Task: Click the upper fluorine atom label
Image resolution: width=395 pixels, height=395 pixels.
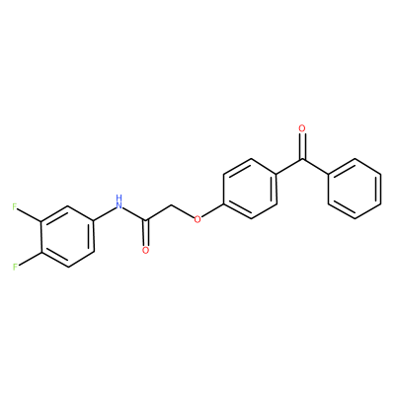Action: click(15, 207)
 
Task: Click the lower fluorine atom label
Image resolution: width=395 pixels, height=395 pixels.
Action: click(15, 267)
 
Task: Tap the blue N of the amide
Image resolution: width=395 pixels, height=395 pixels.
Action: click(119, 206)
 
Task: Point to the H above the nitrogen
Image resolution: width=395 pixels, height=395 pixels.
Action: click(119, 198)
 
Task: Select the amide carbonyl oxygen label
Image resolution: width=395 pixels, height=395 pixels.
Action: click(145, 251)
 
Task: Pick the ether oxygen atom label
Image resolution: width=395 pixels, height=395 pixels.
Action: click(197, 219)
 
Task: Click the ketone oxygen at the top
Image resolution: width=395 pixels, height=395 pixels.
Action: click(302, 128)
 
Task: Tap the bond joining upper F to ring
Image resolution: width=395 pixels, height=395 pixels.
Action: click(30, 215)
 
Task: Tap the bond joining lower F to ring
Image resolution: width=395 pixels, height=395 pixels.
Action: click(30, 259)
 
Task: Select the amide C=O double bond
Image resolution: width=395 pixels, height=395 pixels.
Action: click(145, 232)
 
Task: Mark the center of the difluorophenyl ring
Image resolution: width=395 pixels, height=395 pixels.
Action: click(68, 237)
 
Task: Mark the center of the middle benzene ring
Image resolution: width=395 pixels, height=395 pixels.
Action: click(250, 189)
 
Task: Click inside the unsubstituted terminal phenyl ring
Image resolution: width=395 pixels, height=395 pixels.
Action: click(355, 189)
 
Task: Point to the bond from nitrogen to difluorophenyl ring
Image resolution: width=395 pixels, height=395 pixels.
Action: click(104, 214)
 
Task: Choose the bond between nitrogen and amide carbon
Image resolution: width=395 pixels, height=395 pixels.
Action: click(134, 214)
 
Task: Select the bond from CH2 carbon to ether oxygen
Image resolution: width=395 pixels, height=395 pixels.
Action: click(183, 212)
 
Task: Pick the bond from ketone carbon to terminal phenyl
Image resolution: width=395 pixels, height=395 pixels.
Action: click(315, 167)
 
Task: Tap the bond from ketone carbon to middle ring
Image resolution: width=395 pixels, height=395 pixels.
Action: click(289, 167)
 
